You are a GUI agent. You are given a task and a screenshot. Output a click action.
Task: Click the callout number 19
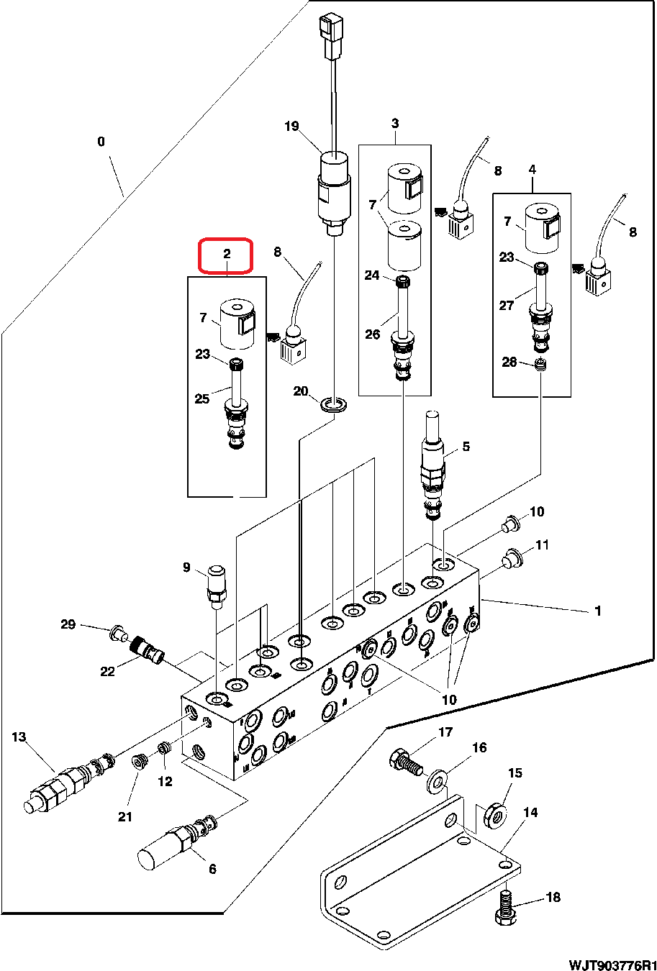tap(291, 127)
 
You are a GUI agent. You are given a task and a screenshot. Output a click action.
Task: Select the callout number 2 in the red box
tap(226, 253)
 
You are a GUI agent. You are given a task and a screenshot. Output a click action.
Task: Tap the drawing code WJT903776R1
tap(612, 964)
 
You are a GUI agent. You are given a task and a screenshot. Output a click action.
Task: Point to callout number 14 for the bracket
tap(530, 813)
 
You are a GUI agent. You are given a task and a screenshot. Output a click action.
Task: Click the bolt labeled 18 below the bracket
tap(504, 908)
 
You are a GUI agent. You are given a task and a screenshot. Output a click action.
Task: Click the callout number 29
tap(68, 624)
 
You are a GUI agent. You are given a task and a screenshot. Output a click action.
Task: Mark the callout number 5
tap(466, 447)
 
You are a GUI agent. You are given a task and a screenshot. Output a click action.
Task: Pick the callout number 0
tap(101, 142)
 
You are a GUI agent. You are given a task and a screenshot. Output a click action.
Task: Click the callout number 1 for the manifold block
tap(597, 611)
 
